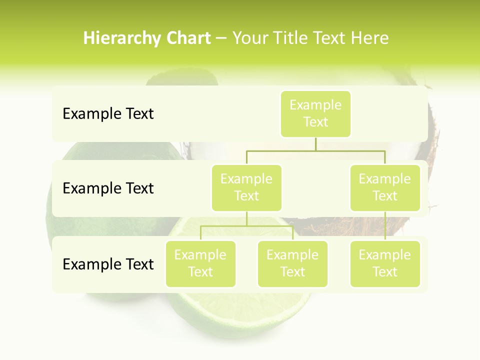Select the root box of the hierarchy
click(315, 113)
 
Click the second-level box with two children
click(246, 187)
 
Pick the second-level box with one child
click(385, 187)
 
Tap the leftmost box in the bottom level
click(200, 263)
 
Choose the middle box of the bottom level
click(292, 263)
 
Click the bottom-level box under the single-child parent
click(385, 263)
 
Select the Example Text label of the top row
click(108, 114)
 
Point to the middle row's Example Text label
click(108, 188)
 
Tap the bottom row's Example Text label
click(108, 264)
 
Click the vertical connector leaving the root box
click(315, 144)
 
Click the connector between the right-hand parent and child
click(385, 225)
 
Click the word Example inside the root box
click(315, 105)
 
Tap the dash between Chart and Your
click(221, 39)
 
